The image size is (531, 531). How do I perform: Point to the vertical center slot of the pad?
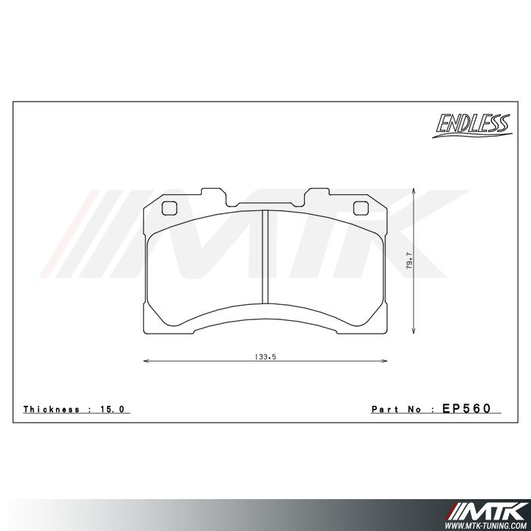pyautogui.click(x=265, y=256)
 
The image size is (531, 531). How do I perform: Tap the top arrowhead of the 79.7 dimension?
pyautogui.click(x=413, y=190)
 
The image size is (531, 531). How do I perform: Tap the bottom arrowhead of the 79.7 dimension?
pyautogui.click(x=413, y=330)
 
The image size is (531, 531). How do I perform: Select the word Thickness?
pyautogui.click(x=52, y=409)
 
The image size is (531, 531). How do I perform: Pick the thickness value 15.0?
pyautogui.click(x=115, y=409)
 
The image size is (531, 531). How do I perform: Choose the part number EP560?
pyautogui.click(x=466, y=408)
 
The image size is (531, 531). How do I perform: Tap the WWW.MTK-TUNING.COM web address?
pyautogui.click(x=495, y=523)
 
